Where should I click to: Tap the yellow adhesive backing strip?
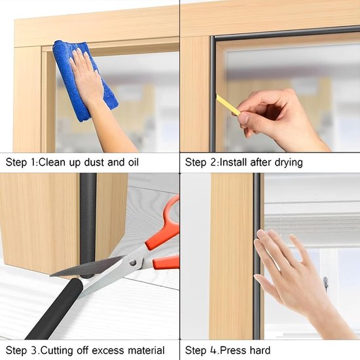tap(228, 105)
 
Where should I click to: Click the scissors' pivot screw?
tap(132, 262)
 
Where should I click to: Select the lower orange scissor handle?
tap(166, 262)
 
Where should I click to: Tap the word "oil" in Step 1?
tap(132, 162)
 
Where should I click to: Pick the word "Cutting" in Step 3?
tap(57, 351)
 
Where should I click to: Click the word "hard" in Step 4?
tap(260, 351)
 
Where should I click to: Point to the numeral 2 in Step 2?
tap(213, 162)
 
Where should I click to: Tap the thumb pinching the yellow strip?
tap(244, 118)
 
